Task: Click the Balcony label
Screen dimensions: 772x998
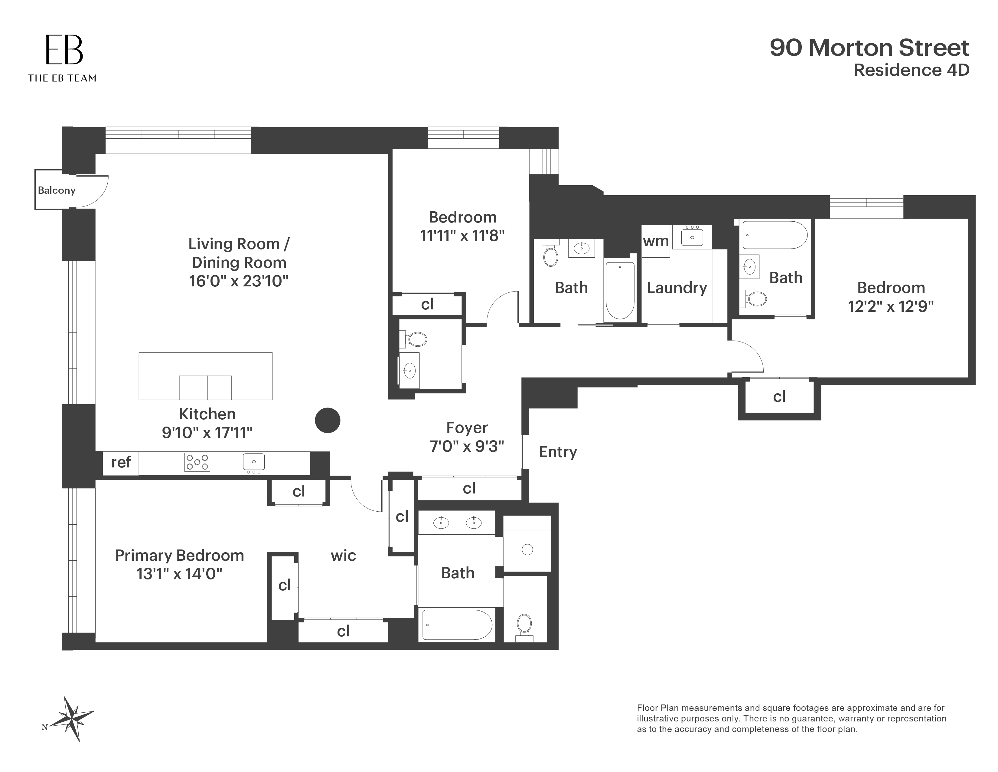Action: coord(57,190)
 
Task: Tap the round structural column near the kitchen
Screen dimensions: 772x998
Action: coord(328,420)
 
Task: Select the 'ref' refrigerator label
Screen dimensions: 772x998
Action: coord(121,462)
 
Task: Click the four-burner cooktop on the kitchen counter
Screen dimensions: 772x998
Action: coord(197,462)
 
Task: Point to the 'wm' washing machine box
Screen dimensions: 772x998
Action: coord(656,241)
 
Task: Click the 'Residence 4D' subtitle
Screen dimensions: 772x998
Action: coord(911,70)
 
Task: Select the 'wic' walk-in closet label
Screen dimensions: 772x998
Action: coord(343,555)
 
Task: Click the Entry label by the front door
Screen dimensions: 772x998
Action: coord(557,452)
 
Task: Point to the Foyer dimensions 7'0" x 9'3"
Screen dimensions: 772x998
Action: coord(467,446)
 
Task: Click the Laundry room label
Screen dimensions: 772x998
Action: coord(677,288)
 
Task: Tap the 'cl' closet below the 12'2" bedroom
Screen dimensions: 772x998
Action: coord(779,397)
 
